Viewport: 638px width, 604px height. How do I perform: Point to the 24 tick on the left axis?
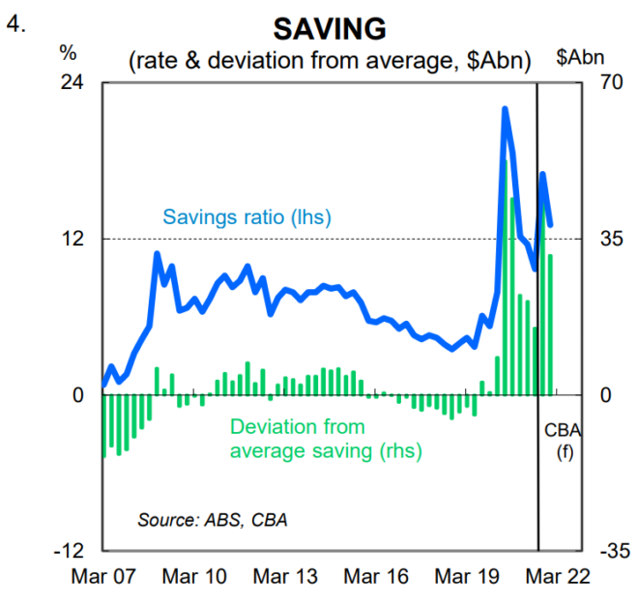(73, 83)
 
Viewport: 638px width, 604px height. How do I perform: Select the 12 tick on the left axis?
(73, 239)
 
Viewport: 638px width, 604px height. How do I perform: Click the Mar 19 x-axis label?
(468, 577)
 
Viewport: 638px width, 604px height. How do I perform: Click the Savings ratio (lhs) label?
(247, 217)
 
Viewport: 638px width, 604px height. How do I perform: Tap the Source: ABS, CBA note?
(213, 519)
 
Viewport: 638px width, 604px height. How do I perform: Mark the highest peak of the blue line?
(505, 109)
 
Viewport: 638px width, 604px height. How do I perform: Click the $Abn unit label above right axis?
(581, 58)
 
